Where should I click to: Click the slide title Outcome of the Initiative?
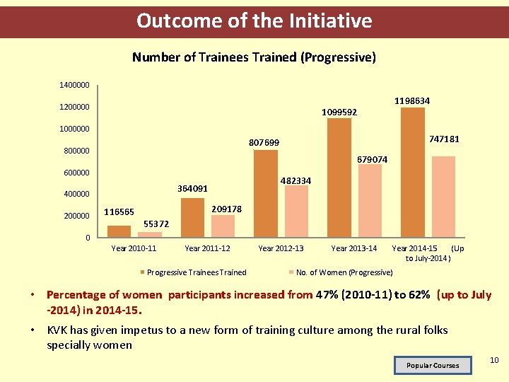[254, 21]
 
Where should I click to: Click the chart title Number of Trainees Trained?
[254, 57]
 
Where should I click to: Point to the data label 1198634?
[412, 101]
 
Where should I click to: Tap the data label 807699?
[264, 143]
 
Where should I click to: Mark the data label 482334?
[295, 181]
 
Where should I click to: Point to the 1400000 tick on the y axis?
[74, 85]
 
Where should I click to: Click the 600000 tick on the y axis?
[74, 173]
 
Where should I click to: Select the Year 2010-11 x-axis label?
[134, 248]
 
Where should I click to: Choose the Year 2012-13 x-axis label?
[281, 248]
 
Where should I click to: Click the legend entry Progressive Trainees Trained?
[196, 272]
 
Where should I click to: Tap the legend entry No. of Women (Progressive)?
[344, 272]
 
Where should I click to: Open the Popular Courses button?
[432, 365]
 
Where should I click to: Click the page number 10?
[493, 361]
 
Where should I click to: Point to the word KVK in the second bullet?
[58, 330]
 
